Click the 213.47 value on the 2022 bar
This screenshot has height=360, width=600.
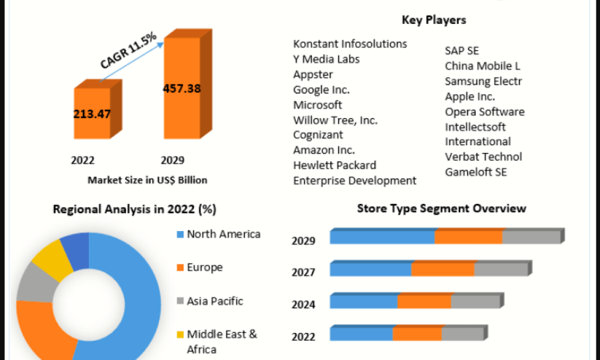tap(92, 114)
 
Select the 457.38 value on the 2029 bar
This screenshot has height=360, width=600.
tap(182, 88)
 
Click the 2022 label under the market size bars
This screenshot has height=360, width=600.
tap(83, 160)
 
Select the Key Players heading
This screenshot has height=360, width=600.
tap(434, 20)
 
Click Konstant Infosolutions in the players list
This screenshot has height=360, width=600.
tap(350, 44)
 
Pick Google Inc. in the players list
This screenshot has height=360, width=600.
tap(321, 89)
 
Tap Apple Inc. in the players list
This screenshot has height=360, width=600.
tap(470, 96)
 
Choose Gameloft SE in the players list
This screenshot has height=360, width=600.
tap(476, 172)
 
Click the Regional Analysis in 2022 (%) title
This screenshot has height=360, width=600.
tap(134, 209)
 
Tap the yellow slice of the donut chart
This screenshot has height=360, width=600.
tap(46, 258)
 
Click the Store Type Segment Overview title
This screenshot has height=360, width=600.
tap(441, 208)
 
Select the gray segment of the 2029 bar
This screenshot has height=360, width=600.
tap(530, 237)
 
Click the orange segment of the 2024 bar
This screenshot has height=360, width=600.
tap(424, 301)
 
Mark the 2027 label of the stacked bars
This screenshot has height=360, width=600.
tap(303, 272)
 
